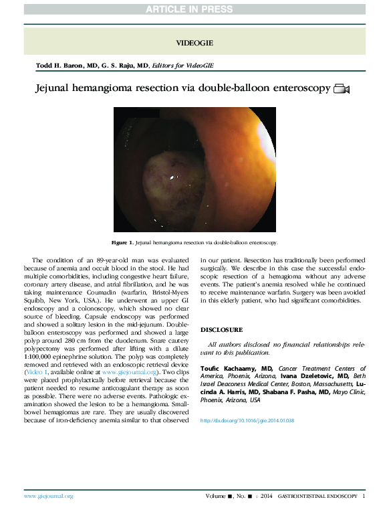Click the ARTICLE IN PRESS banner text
194,9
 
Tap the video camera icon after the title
342,89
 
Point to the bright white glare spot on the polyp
173,177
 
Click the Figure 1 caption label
123,242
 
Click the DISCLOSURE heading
221,330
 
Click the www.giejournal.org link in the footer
48,496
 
